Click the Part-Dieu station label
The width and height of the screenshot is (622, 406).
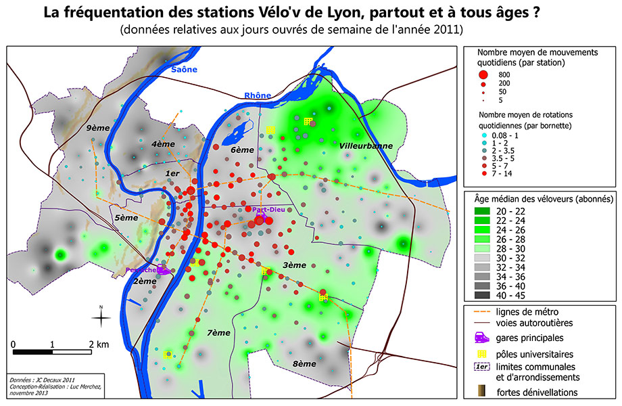268,210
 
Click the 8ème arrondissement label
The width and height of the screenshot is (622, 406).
304,363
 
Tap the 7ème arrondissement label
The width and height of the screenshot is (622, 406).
219,332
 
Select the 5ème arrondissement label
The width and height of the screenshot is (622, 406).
126,218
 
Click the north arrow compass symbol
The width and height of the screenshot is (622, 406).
101,317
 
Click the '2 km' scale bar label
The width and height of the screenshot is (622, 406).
97,344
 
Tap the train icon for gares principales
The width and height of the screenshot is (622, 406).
481,338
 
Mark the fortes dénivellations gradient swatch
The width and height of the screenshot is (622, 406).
481,392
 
